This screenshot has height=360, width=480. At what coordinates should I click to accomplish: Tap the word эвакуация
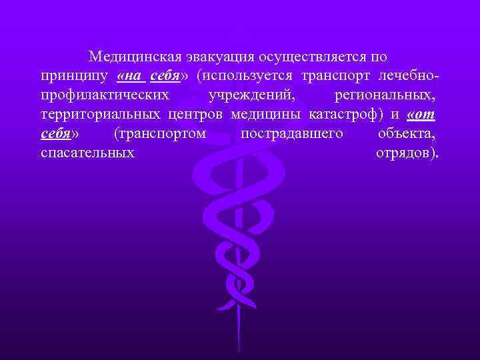pos(218,57)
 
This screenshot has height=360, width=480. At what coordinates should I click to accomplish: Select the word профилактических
pos(105,95)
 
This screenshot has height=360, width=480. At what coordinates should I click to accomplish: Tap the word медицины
pos(267,115)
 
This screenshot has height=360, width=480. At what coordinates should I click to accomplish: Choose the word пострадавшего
pos(292,134)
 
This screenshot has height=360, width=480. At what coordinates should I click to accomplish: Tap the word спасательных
pos(87,153)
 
